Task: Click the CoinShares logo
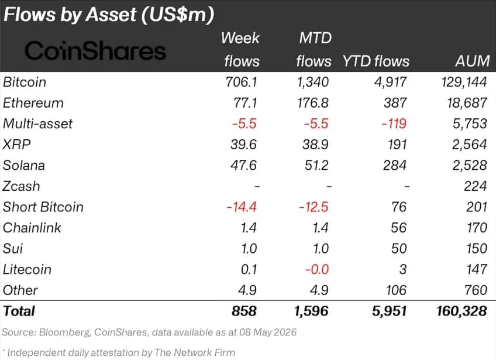(x=95, y=51)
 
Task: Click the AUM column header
(x=473, y=61)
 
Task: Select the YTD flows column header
(x=376, y=61)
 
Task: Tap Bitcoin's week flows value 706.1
(x=241, y=82)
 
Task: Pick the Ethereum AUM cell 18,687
(x=467, y=103)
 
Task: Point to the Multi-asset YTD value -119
(x=394, y=124)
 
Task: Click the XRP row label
(x=16, y=145)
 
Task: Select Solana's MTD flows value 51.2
(x=316, y=165)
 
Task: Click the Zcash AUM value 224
(x=475, y=186)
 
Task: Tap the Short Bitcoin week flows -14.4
(x=242, y=207)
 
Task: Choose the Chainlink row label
(x=32, y=228)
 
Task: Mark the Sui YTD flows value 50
(x=398, y=249)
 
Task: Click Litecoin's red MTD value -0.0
(x=316, y=269)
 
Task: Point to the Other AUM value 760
(x=475, y=290)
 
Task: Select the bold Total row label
(x=19, y=311)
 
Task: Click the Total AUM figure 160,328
(x=461, y=311)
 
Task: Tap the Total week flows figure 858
(x=244, y=311)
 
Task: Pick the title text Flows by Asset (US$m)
(x=109, y=15)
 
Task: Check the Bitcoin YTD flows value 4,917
(x=390, y=83)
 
